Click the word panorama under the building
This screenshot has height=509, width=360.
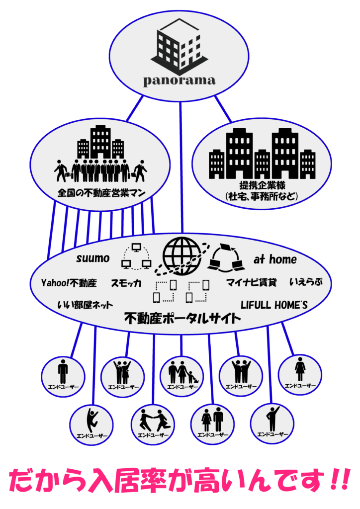pyautogui.click(x=180, y=80)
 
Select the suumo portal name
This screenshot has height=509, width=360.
pyautogui.click(x=92, y=259)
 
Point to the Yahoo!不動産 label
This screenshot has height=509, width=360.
pyautogui.click(x=69, y=283)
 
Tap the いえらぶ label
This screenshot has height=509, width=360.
pyautogui.click(x=306, y=283)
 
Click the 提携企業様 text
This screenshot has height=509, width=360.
pyautogui.click(x=262, y=186)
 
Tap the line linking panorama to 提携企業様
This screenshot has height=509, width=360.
pyautogui.click(x=223, y=109)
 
